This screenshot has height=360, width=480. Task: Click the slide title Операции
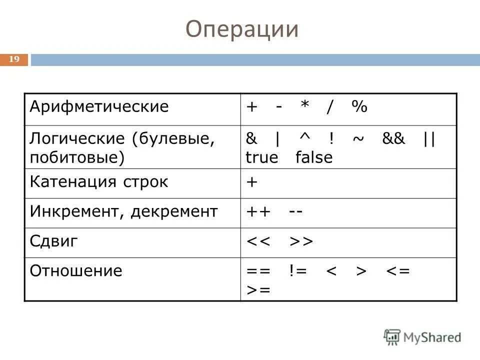coord(242,29)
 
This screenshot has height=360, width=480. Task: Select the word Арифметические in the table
coord(99,106)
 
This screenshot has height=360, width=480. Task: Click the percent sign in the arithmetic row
coord(358,107)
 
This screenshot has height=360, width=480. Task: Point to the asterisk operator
coord(304,107)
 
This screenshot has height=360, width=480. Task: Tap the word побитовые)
coord(76,157)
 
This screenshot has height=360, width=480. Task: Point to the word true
coord(261,157)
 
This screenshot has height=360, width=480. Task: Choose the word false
coord(313,157)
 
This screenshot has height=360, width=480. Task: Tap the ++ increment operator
coord(258,211)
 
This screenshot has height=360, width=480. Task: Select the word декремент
coord(174,211)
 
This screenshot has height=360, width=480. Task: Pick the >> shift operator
coord(300,241)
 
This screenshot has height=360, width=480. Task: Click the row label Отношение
coord(76,271)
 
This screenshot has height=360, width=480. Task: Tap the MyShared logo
coord(423,337)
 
